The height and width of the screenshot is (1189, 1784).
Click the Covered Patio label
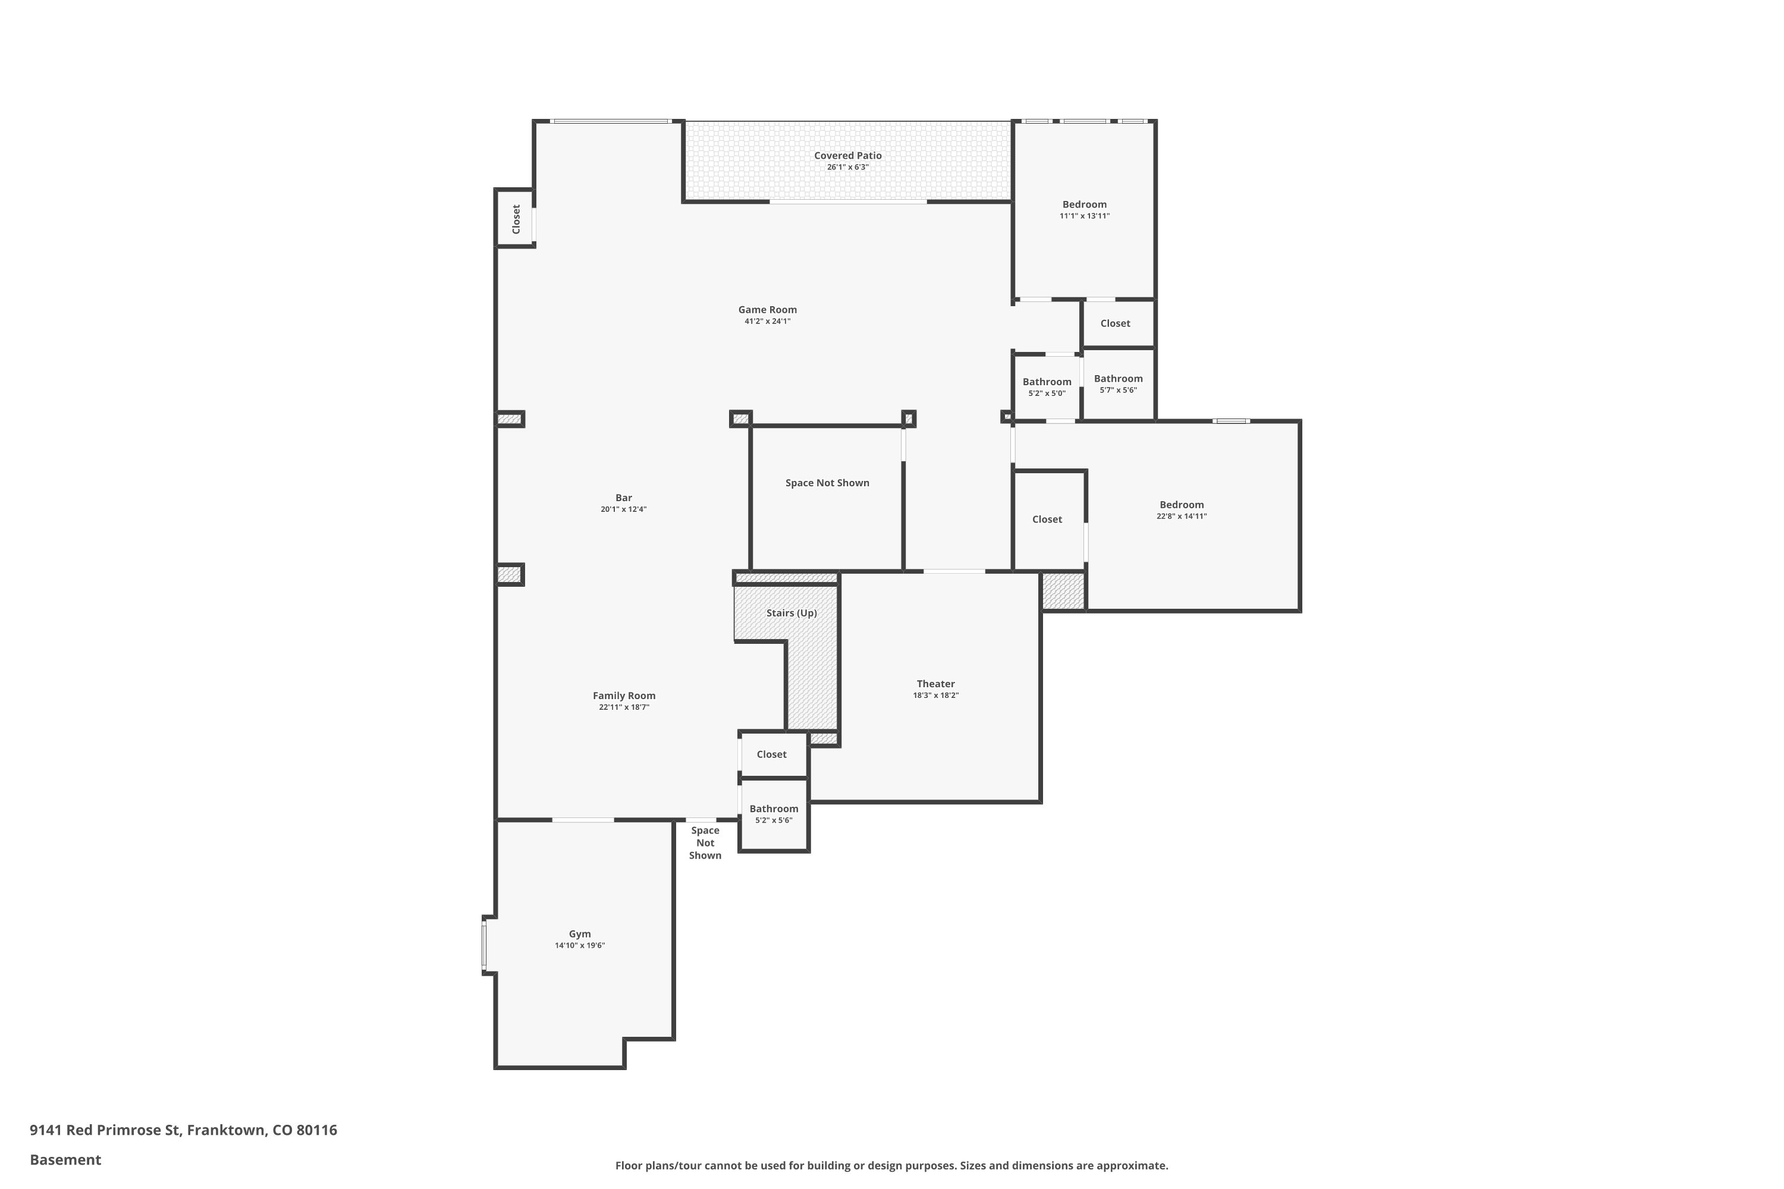[847, 155]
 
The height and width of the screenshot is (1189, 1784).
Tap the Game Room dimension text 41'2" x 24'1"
[767, 322]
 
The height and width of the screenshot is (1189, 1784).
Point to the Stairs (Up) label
[791, 613]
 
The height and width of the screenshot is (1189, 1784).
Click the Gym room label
[579, 934]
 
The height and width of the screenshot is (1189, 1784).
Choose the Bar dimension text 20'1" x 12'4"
[623, 509]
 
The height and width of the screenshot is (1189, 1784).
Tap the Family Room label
[623, 696]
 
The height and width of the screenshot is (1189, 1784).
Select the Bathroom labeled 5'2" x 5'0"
[1047, 382]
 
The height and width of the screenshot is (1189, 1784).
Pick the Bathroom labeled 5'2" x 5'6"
[774, 809]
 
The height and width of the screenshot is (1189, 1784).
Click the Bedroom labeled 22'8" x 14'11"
[1181, 505]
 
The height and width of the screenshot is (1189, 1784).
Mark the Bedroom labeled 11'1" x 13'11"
[1084, 205]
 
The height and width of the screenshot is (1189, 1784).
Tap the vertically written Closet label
[516, 219]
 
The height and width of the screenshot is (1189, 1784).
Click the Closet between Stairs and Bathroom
[771, 754]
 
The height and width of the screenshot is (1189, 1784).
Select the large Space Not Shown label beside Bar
[827, 483]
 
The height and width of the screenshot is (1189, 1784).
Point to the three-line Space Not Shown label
[705, 843]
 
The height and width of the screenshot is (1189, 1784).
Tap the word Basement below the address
[65, 1159]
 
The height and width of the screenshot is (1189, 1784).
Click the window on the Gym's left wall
[484, 945]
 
